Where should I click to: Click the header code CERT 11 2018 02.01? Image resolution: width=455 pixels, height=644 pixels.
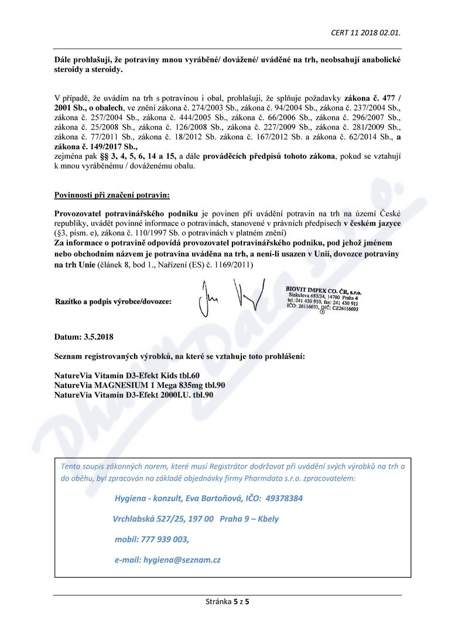point(365,32)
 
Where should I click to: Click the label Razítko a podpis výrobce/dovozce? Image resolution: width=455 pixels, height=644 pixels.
point(113,302)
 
